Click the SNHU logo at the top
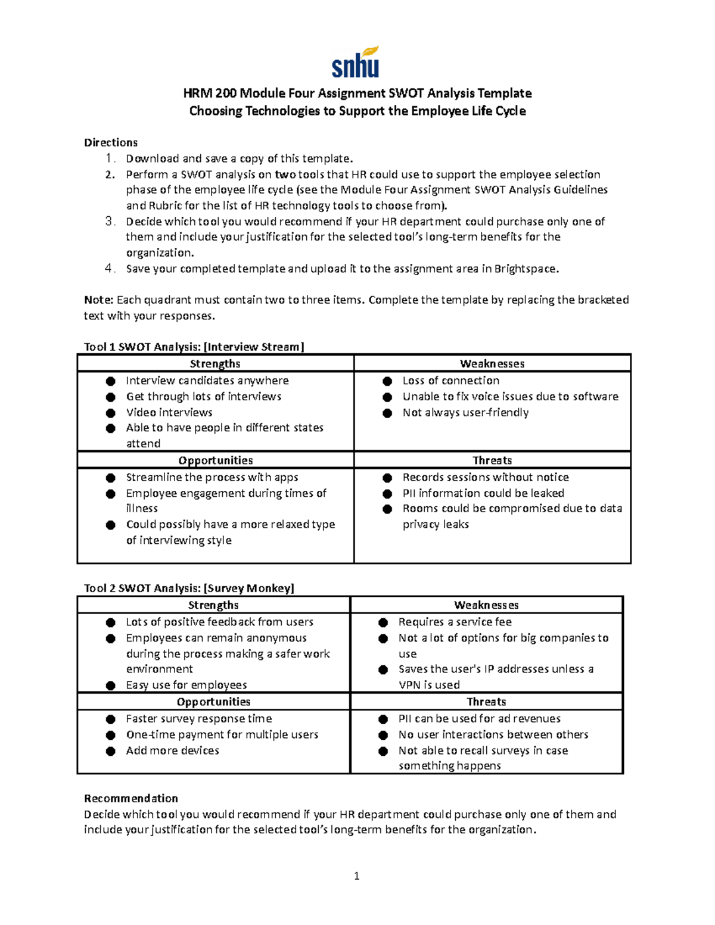tap(356, 63)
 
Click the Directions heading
tap(111, 142)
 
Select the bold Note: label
tap(98, 300)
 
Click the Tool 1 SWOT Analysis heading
tap(194, 347)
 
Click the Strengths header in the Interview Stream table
tap(215, 363)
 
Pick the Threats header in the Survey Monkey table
tap(486, 702)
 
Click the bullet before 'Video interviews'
tap(111, 413)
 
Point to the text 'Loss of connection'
tap(450, 381)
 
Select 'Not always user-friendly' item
tap(465, 412)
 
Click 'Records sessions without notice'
tap(485, 477)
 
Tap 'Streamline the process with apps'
tap(212, 477)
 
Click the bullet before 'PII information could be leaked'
tap(387, 493)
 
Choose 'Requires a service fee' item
tap(455, 622)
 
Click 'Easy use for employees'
tap(186, 685)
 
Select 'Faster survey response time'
tap(198, 718)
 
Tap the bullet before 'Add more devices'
tap(111, 750)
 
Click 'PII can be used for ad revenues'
tap(479, 718)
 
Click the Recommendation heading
tap(131, 798)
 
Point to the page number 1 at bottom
tap(356, 876)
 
